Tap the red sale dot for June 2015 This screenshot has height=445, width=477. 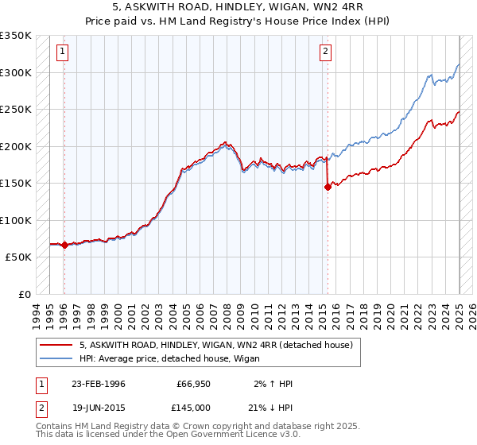point(328,188)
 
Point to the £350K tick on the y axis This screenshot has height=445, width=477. point(16,36)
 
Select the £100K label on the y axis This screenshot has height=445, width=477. point(16,220)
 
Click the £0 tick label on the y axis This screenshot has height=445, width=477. point(24,294)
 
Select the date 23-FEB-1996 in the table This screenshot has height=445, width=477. point(98,384)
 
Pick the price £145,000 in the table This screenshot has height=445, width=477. point(194,407)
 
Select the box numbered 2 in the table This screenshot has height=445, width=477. point(41,407)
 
